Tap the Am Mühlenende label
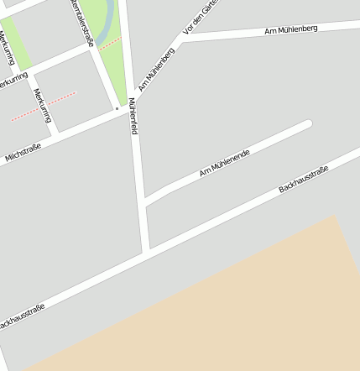[225, 161]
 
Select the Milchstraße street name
[25, 151]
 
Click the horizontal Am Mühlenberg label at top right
[290, 30]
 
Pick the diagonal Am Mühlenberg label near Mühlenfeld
[157, 69]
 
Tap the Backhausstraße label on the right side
[303, 180]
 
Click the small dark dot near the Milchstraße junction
[117, 108]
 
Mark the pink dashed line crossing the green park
[110, 43]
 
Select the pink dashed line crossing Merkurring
[44, 107]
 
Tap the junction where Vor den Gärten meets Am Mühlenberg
[182, 37]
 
